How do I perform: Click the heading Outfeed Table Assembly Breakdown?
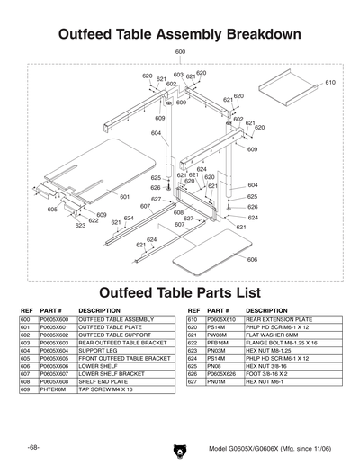pos(179,34)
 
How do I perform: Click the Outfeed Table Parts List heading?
pos(179,292)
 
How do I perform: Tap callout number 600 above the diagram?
pos(180,53)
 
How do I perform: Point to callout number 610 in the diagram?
pos(330,83)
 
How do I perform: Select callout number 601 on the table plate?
pos(125,196)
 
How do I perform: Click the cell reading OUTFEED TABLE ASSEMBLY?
pos(116,319)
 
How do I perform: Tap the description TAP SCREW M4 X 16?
pos(105,390)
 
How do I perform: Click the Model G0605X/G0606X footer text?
pos(265,449)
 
